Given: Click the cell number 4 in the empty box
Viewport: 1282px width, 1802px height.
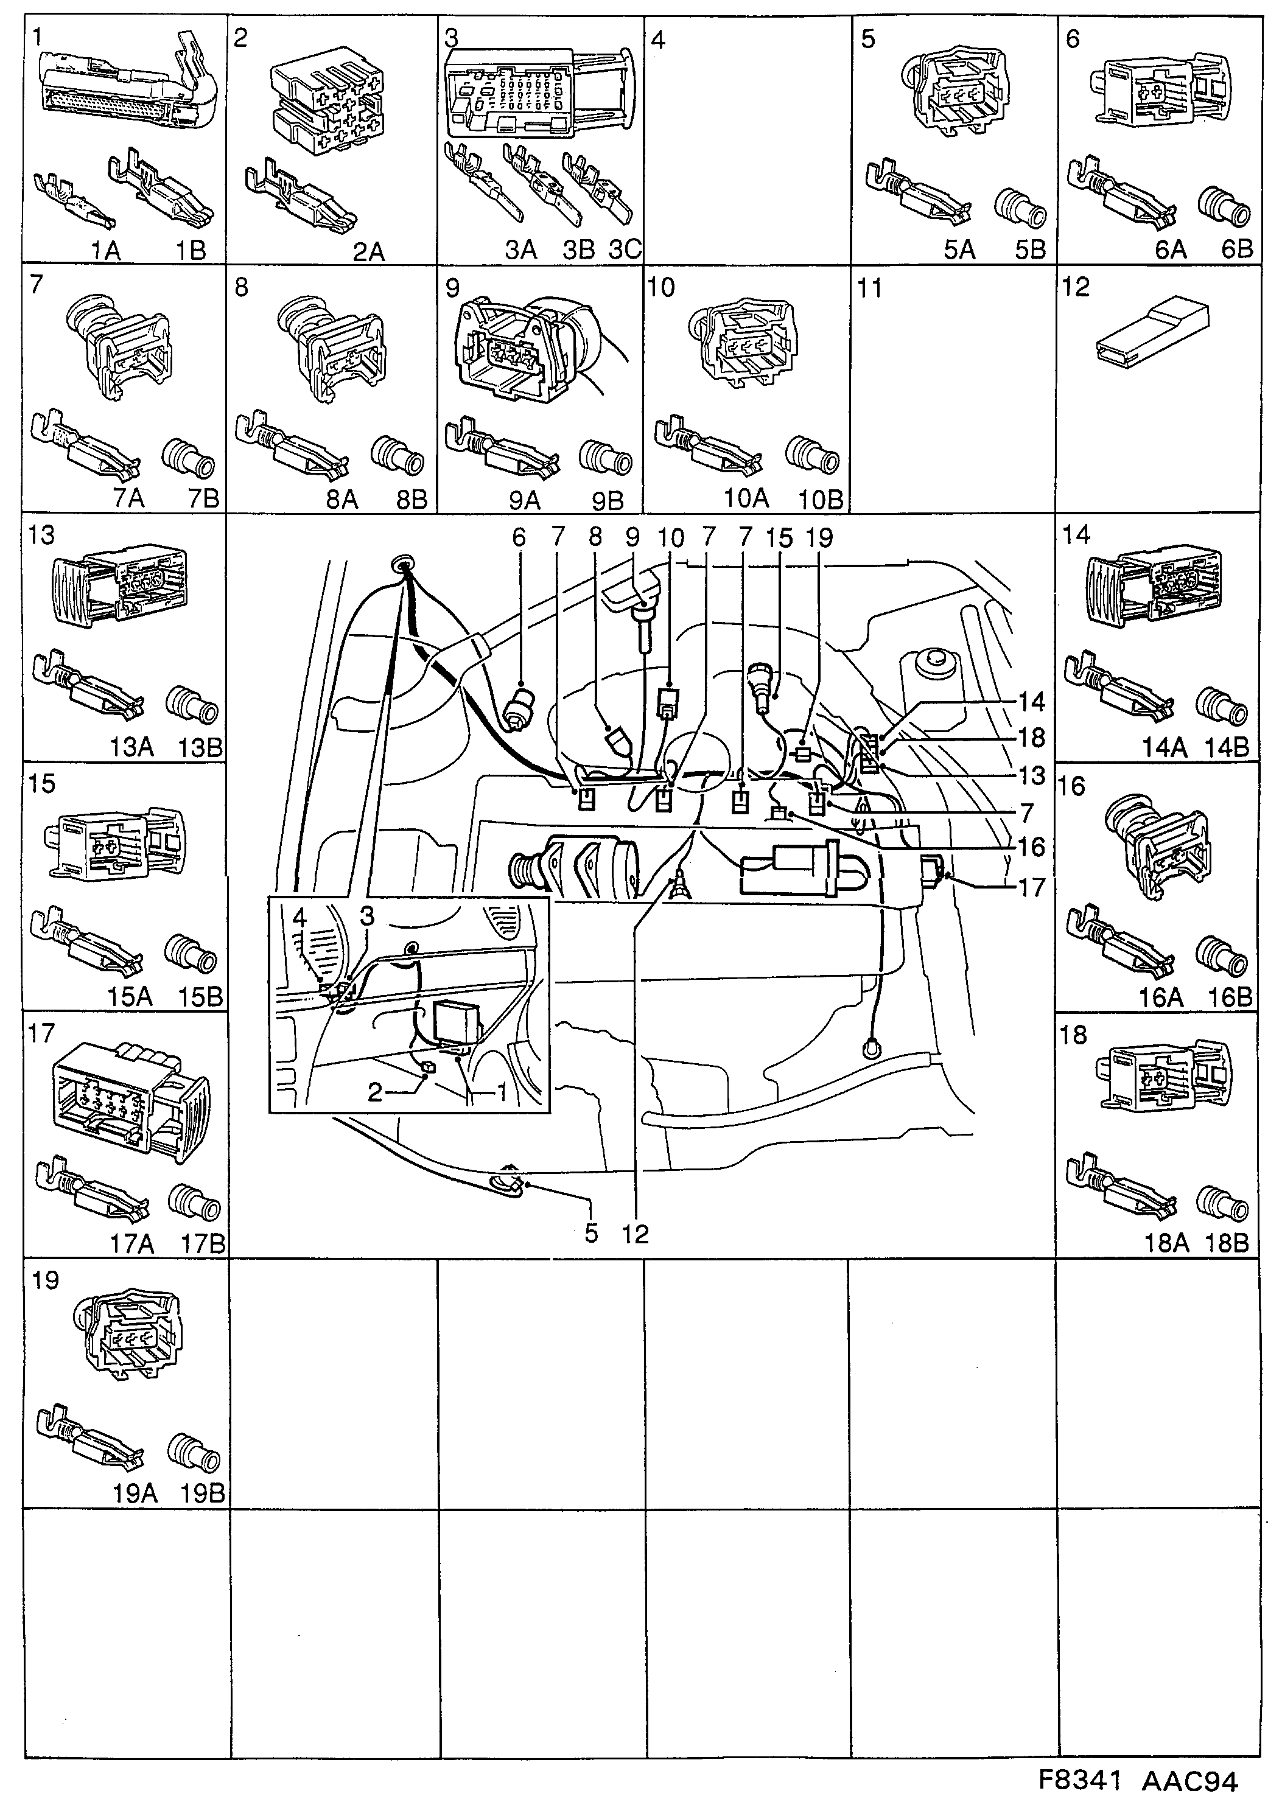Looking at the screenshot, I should tap(657, 40).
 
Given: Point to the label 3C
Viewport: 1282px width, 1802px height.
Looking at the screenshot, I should tap(625, 250).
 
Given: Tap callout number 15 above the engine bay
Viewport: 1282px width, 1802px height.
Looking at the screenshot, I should tap(779, 538).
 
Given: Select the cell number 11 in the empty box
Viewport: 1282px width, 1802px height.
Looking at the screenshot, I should tap(869, 288).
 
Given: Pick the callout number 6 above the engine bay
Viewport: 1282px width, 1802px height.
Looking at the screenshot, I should tap(519, 537).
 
